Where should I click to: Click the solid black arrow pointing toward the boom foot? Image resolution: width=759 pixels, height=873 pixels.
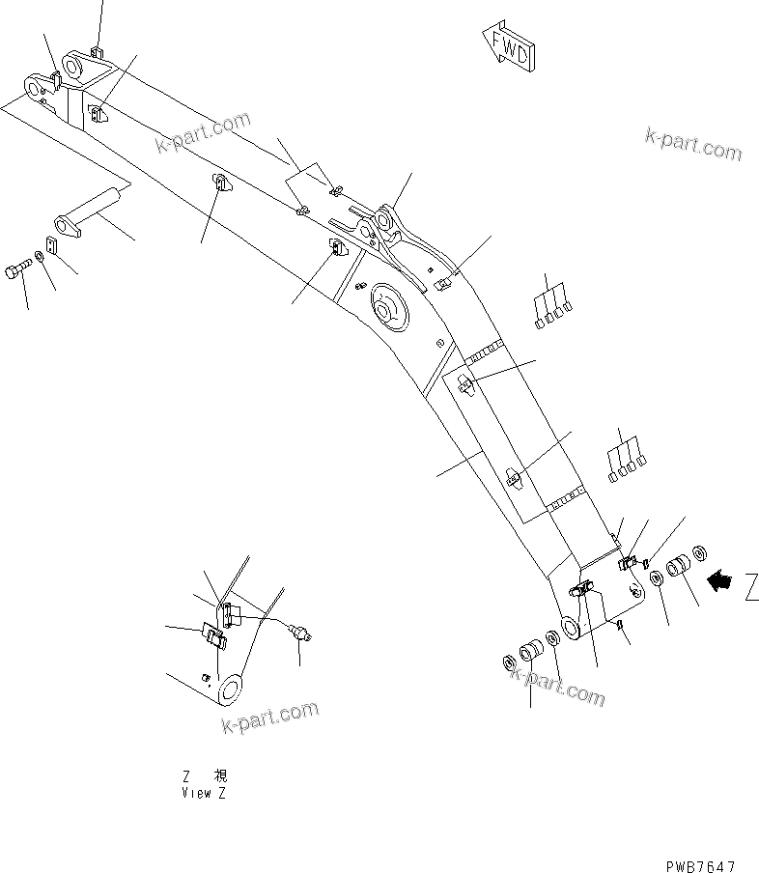click(718, 579)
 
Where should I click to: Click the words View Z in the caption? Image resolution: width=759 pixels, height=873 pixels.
click(204, 793)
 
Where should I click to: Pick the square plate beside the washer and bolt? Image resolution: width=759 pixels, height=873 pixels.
click(52, 246)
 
